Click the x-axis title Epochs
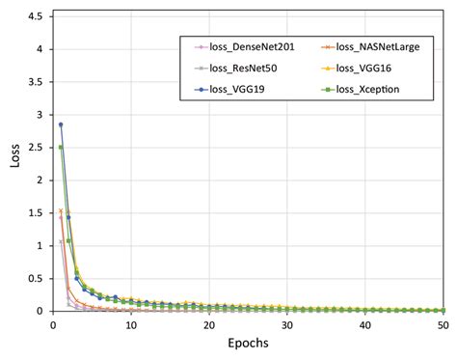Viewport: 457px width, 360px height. (250, 345)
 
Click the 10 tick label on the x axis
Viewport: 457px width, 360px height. (131, 326)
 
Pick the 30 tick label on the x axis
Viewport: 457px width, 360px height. (288, 326)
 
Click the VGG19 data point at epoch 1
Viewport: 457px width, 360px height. (61, 125)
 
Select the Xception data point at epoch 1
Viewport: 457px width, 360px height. (61, 148)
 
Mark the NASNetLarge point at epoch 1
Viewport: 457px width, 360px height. (61, 211)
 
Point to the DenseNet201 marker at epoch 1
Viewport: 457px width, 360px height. (61, 241)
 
